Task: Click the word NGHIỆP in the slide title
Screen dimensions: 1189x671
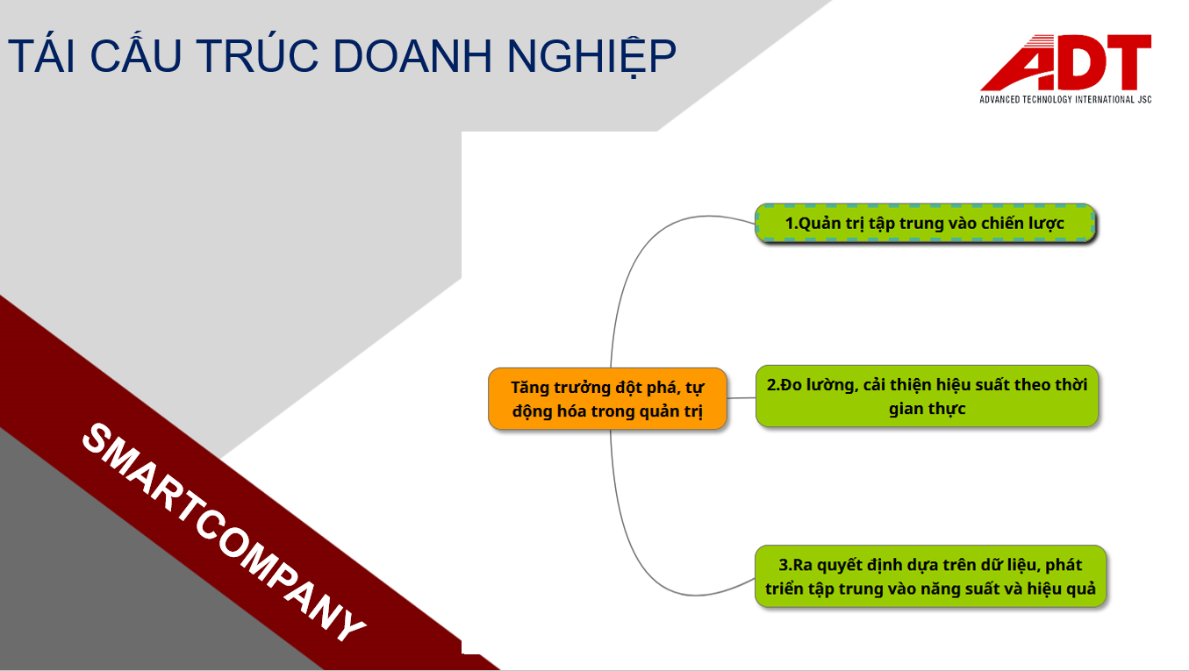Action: pos(591,55)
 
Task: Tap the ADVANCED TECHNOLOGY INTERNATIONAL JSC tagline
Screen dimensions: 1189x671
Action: pos(1066,99)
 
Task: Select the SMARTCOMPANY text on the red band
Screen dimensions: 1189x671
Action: pos(224,532)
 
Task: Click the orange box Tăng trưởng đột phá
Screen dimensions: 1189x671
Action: pos(607,398)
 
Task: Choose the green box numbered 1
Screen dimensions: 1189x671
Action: pos(925,224)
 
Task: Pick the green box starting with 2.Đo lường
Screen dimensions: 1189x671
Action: pos(927,396)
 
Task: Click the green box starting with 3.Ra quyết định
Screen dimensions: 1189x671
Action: pos(930,576)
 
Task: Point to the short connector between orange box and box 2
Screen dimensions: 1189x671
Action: pos(741,398)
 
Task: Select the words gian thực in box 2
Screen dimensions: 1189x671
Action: pos(927,409)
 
